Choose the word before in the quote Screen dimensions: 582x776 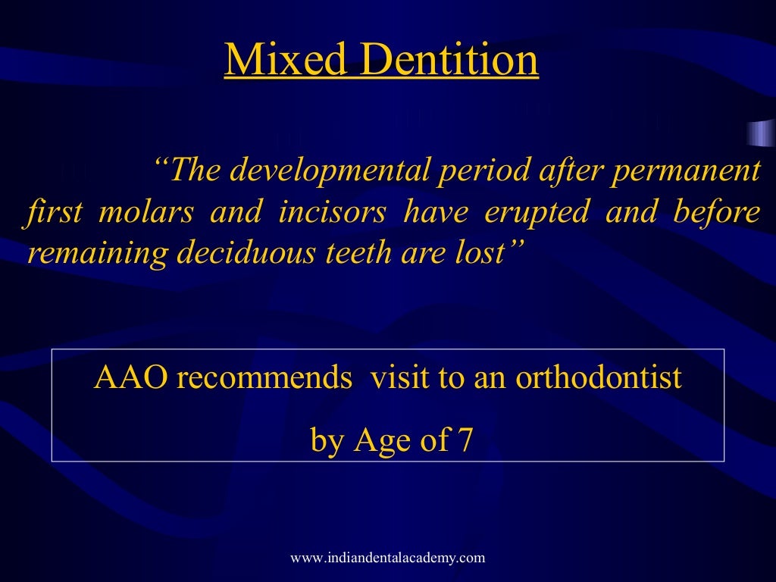pos(715,213)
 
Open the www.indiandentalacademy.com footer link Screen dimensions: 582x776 pos(387,559)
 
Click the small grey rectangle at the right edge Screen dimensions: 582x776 pos(760,133)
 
